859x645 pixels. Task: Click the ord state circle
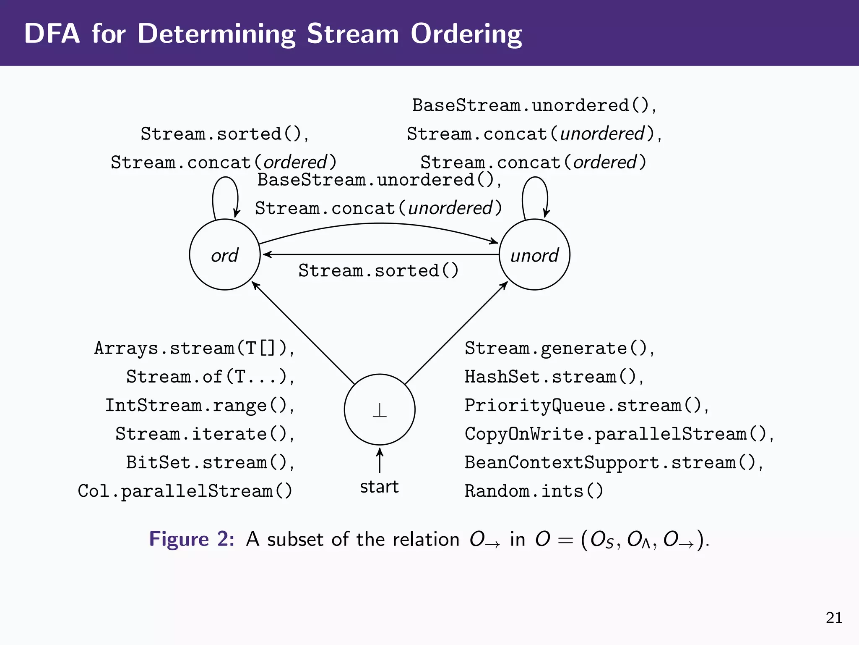pos(225,254)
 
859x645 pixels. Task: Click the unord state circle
pos(534,254)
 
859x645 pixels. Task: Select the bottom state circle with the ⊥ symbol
pos(380,409)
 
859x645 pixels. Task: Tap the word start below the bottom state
pos(379,487)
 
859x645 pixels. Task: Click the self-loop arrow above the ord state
pos(225,185)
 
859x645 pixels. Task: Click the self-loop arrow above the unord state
pos(535,185)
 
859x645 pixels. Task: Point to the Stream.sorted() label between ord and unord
pos(378,271)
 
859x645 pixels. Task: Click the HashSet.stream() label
pos(554,377)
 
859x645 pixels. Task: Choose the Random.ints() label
pos(534,491)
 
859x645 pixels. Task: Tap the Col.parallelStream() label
pos(185,491)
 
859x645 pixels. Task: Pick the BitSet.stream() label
pos(210,462)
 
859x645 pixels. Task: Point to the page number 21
pos(833,618)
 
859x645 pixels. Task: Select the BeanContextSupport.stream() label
pos(613,462)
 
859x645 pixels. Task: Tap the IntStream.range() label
pos(199,405)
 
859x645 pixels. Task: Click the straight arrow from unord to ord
pos(380,254)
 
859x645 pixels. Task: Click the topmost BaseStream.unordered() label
pos(534,105)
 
